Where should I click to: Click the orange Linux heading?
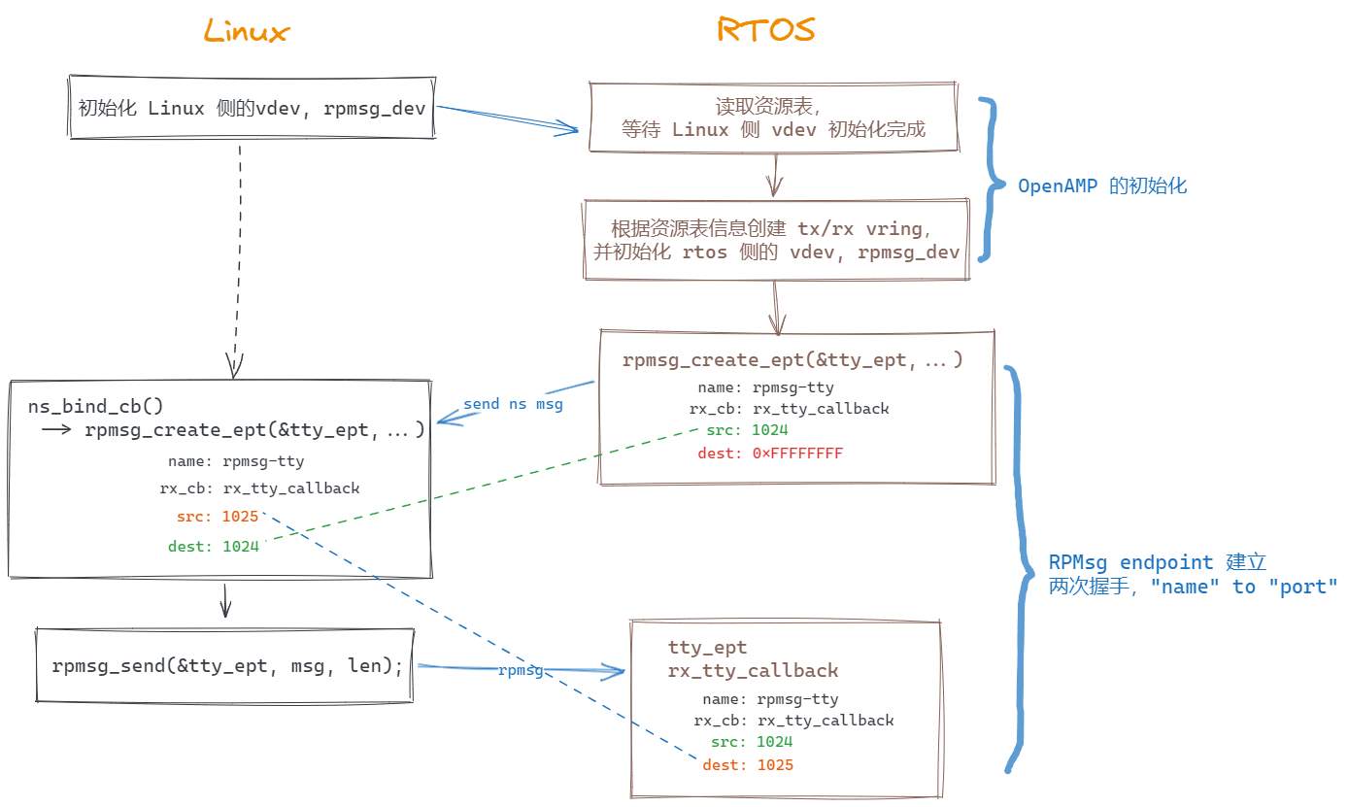pyautogui.click(x=247, y=31)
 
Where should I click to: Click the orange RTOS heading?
pyautogui.click(x=766, y=29)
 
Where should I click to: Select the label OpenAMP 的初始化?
pyautogui.click(x=1102, y=185)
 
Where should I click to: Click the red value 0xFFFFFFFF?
pyautogui.click(x=797, y=454)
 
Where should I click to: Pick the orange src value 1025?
pyautogui.click(x=240, y=516)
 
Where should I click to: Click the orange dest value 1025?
pyautogui.click(x=774, y=765)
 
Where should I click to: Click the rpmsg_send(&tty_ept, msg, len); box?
pyautogui.click(x=225, y=665)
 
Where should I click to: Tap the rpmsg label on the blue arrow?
pyautogui.click(x=521, y=671)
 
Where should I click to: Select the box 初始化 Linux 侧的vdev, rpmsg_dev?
pyautogui.click(x=252, y=108)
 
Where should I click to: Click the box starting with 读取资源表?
pyautogui.click(x=774, y=118)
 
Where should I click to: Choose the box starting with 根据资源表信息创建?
pyautogui.click(x=775, y=240)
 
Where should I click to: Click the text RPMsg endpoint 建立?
pyautogui.click(x=1157, y=562)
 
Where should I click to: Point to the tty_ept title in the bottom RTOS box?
pyautogui.click(x=707, y=648)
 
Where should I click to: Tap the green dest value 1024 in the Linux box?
pyautogui.click(x=240, y=547)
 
